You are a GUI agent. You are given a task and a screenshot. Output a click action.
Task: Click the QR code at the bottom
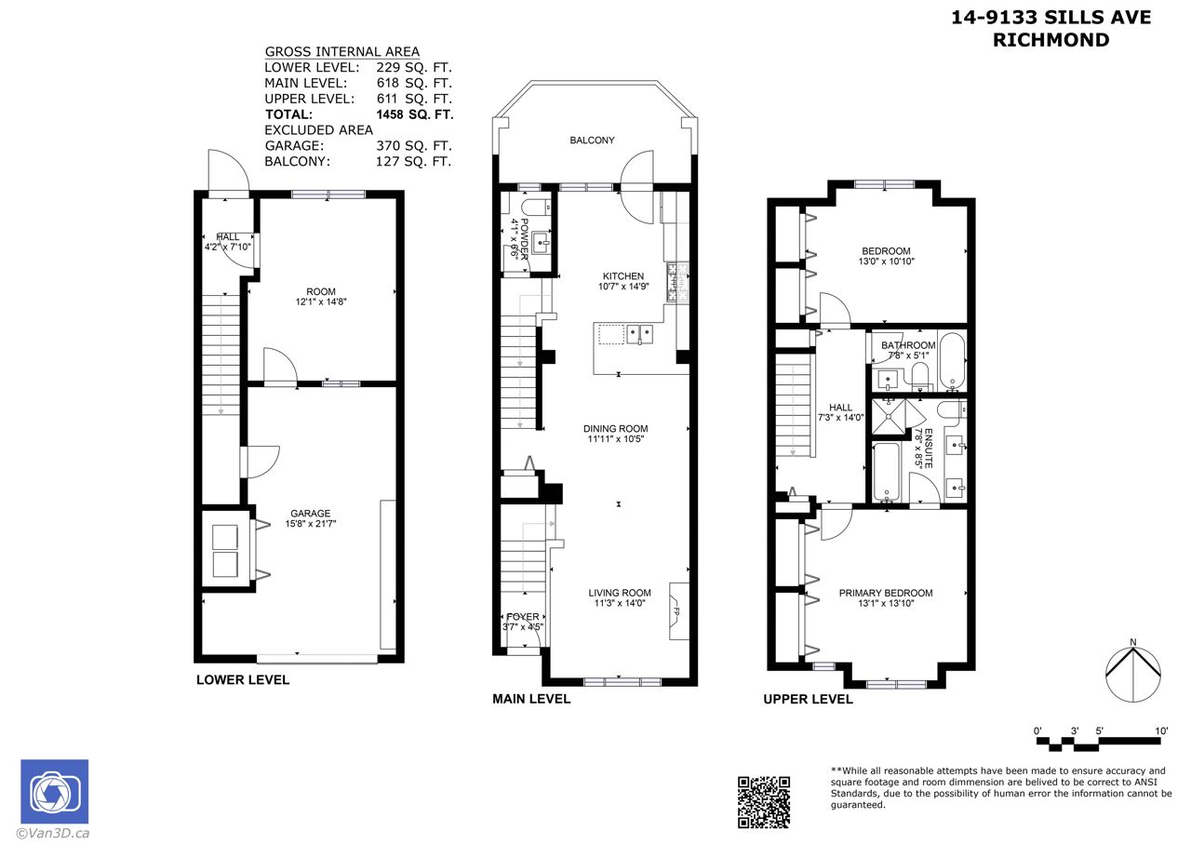pyautogui.click(x=764, y=802)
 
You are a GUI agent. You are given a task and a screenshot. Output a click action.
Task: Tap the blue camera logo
pyautogui.click(x=55, y=791)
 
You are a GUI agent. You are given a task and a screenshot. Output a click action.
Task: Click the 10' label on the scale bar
pyautogui.click(x=1161, y=730)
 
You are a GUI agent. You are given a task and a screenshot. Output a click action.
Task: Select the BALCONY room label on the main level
pyautogui.click(x=592, y=141)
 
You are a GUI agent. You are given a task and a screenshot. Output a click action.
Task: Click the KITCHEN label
pyautogui.click(x=623, y=276)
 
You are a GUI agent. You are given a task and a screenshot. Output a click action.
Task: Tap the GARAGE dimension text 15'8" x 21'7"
pyautogui.click(x=311, y=524)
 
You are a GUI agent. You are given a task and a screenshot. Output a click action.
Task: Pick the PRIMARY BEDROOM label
pyautogui.click(x=886, y=593)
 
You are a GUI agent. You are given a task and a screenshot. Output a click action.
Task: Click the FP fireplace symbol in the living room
pyautogui.click(x=679, y=611)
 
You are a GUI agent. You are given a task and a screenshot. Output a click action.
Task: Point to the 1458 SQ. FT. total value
pyautogui.click(x=415, y=114)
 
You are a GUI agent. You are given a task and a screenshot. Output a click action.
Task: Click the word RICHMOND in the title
pyautogui.click(x=1051, y=40)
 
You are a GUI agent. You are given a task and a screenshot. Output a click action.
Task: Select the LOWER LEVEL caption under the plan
pyautogui.click(x=243, y=679)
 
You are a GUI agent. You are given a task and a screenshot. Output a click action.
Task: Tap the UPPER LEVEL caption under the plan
pyautogui.click(x=809, y=700)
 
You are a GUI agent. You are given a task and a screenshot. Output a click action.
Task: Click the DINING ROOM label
pyautogui.click(x=616, y=429)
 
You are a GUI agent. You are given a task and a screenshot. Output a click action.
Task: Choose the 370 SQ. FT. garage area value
pyautogui.click(x=414, y=146)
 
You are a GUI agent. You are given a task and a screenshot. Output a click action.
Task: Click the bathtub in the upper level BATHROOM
pyautogui.click(x=952, y=362)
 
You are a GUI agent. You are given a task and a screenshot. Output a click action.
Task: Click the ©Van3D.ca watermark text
pyautogui.click(x=53, y=834)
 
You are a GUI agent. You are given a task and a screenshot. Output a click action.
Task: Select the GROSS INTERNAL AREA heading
pyautogui.click(x=342, y=51)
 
